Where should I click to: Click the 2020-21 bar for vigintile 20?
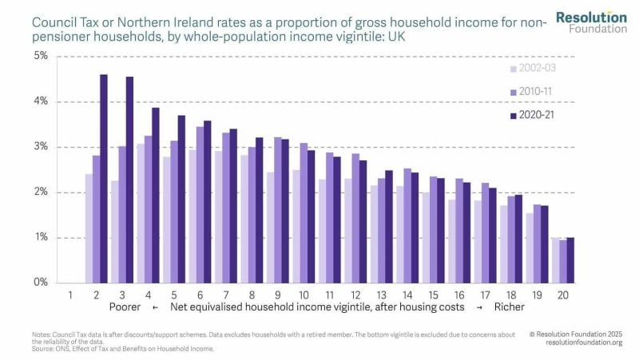point(570,260)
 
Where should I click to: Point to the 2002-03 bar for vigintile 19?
point(528,247)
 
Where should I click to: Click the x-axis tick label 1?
point(70,294)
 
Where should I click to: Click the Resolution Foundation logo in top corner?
point(591,22)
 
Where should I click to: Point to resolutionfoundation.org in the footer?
point(585,342)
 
